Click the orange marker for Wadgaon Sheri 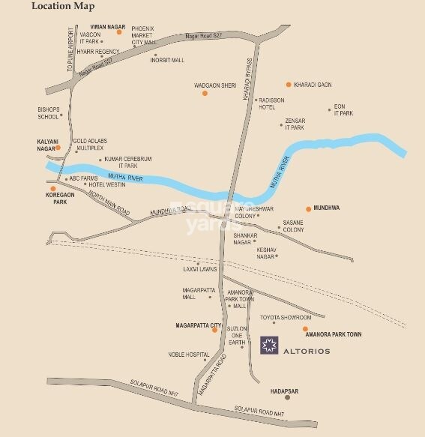[204, 93]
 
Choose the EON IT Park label [343, 110]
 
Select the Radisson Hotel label [273, 103]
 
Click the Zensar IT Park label [294, 125]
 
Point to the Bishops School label [48, 113]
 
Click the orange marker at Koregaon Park [52, 188]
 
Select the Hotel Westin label [107, 184]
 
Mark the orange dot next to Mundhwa [307, 208]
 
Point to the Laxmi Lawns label [199, 269]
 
